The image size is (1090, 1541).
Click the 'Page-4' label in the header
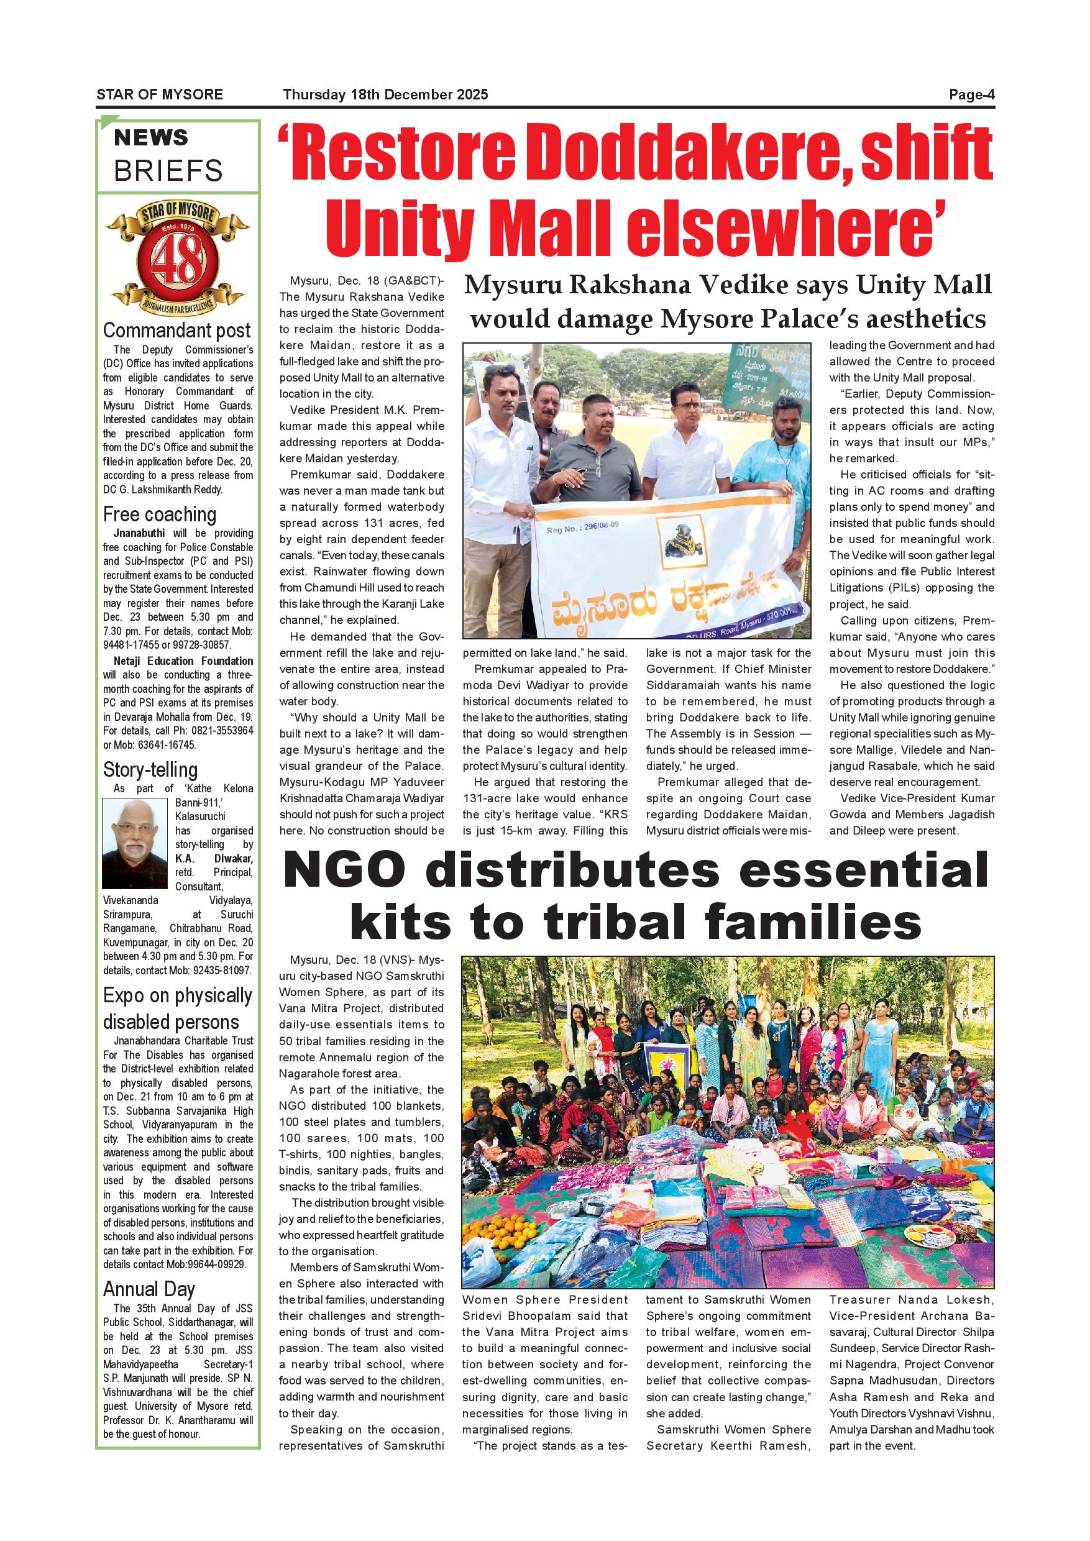tap(971, 94)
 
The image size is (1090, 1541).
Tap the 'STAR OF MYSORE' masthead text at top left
tap(159, 94)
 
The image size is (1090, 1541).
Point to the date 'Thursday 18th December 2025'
tap(385, 94)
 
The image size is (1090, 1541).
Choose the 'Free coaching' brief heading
tap(160, 514)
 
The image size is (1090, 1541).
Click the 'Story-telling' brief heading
tap(150, 769)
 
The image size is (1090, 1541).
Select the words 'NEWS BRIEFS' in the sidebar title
tap(168, 155)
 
